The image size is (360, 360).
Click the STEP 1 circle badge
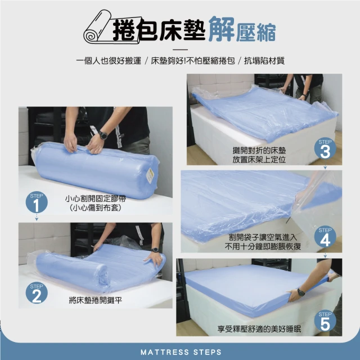(37, 202)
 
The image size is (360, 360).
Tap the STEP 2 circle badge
(37, 293)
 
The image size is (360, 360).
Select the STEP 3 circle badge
(325, 149)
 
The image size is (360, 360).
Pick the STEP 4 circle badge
(325, 237)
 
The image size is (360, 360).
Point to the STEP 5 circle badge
(325, 321)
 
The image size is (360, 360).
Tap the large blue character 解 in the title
(221, 29)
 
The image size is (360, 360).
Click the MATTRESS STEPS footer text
(181, 352)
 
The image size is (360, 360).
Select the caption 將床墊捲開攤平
(96, 300)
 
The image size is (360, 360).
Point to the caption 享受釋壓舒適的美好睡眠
(259, 329)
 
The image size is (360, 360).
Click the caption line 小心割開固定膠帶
(96, 199)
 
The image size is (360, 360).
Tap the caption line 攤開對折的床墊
(259, 151)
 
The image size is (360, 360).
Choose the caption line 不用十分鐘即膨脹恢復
(263, 246)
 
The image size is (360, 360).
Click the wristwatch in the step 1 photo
(103, 136)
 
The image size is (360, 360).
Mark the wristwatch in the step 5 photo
(300, 292)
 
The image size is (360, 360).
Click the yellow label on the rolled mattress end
(150, 175)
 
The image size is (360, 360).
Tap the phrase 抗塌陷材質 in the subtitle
(264, 61)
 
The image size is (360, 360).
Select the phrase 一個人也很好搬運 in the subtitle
(109, 61)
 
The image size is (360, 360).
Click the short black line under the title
(180, 49)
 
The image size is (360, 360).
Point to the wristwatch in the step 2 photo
(155, 250)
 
